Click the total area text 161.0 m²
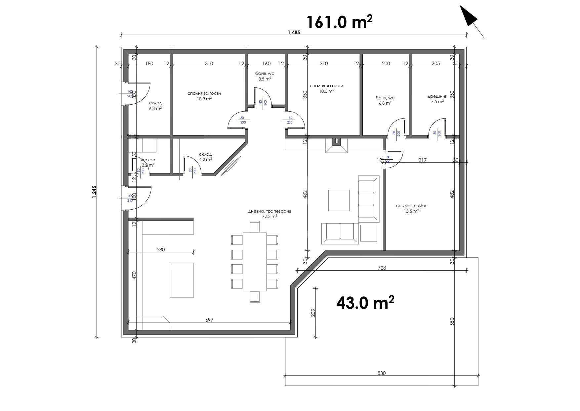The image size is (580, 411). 339,23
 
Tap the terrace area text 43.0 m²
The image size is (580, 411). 365,302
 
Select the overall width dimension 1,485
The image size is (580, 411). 294,32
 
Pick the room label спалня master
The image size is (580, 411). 411,208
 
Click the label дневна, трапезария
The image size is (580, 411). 269,214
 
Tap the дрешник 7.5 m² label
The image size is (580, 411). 437,99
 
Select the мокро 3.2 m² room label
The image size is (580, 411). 148,162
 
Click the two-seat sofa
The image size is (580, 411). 340,233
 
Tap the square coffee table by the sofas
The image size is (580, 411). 339,200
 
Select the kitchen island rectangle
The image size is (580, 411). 182,280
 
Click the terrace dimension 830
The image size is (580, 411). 381,373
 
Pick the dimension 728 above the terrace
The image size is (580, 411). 382,268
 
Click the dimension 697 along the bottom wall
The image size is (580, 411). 209,320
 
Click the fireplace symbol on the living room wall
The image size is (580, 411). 336,146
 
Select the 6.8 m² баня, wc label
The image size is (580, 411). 385,100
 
